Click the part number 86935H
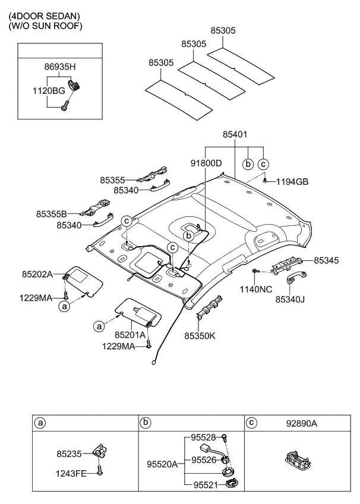click(x=60, y=67)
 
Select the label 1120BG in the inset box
click(x=49, y=91)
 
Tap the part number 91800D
click(x=206, y=163)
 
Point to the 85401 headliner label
click(x=235, y=134)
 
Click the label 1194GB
click(x=292, y=182)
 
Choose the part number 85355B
click(x=51, y=214)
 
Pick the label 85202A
click(x=37, y=274)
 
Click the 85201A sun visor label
click(x=130, y=335)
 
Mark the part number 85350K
click(x=200, y=336)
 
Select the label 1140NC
click(x=256, y=289)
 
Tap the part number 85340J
click(x=290, y=300)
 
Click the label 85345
click(x=326, y=260)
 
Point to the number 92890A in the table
click(x=302, y=424)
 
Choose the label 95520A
click(x=162, y=464)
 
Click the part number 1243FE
click(x=71, y=474)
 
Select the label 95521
click(x=206, y=485)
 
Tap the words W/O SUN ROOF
click(x=45, y=26)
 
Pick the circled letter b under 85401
click(x=248, y=164)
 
